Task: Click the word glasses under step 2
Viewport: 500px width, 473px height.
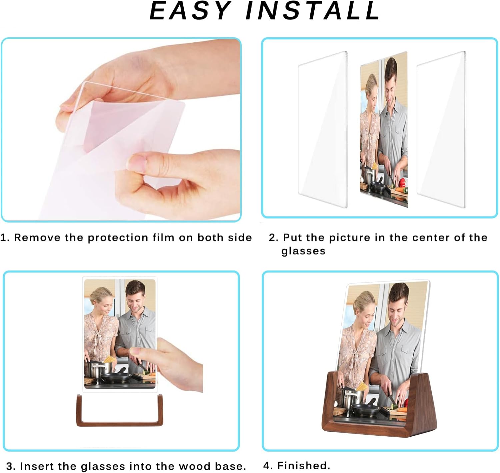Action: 303,251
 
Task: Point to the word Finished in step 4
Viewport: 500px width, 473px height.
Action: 303,465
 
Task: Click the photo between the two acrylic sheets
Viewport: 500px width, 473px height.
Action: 384,130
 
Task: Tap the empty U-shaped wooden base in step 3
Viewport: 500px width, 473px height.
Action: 119,424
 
